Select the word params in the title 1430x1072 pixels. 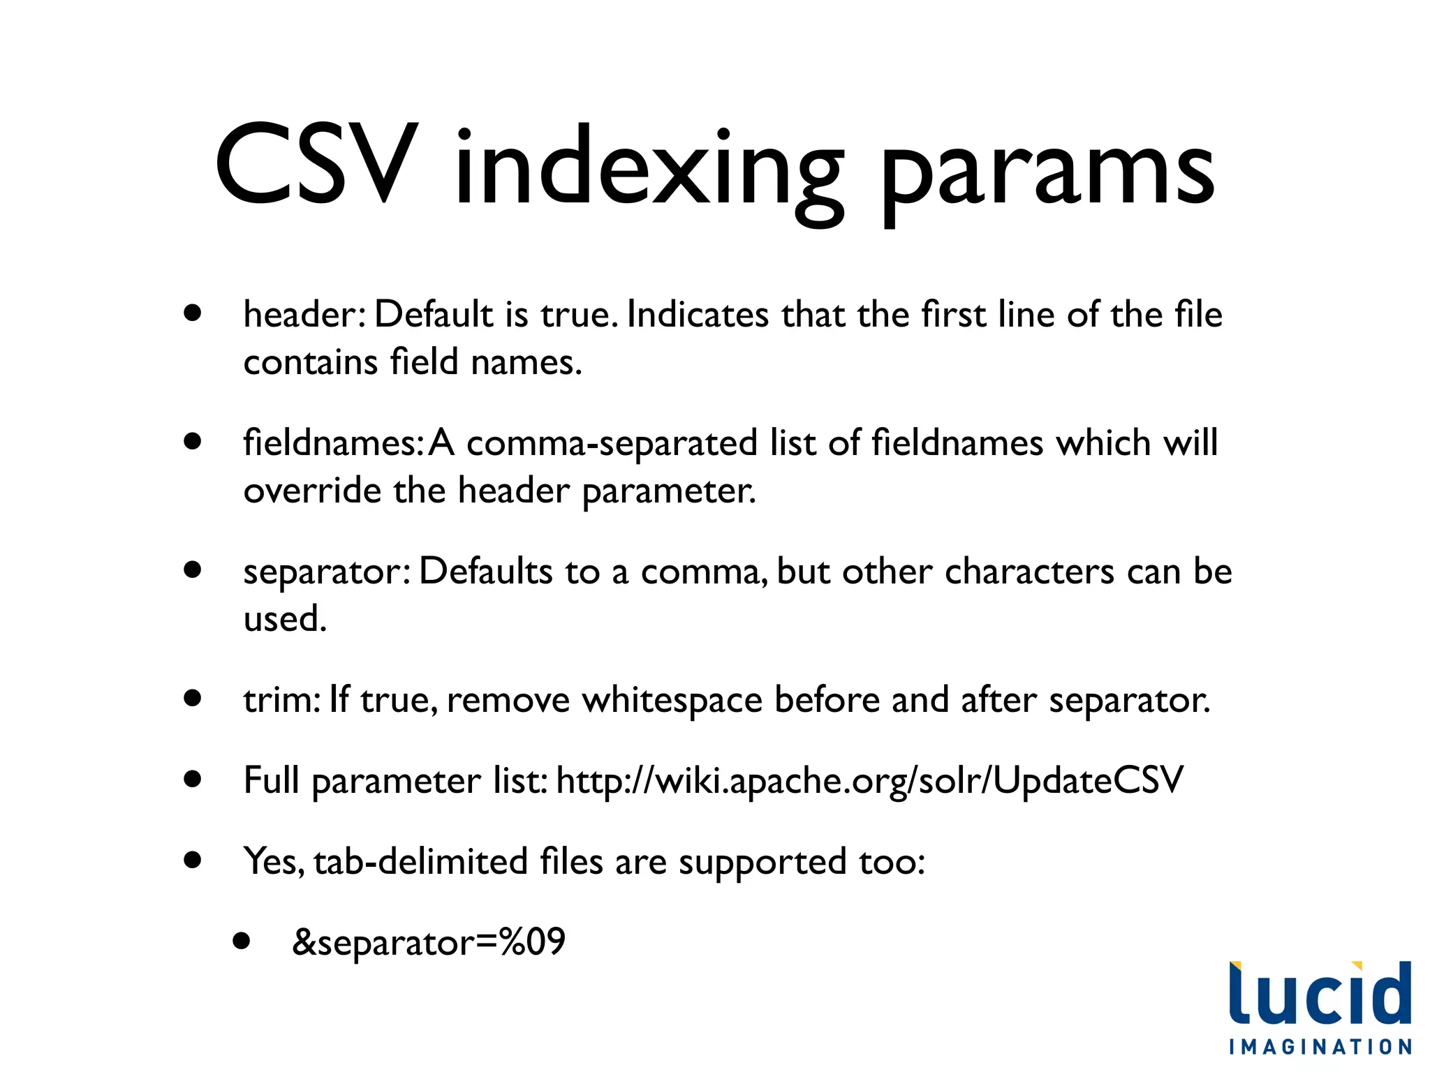pyautogui.click(x=1047, y=171)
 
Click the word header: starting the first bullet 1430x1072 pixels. pyautogui.click(x=304, y=315)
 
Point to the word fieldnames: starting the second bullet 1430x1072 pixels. pyautogui.click(x=333, y=443)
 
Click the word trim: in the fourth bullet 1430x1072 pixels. pyautogui.click(x=281, y=700)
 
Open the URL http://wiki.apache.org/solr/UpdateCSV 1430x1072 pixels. pyautogui.click(x=869, y=781)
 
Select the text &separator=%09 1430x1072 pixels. pyautogui.click(x=428, y=942)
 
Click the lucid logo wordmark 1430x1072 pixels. pyautogui.click(x=1320, y=994)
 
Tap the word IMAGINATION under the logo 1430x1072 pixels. pyautogui.click(x=1320, y=1047)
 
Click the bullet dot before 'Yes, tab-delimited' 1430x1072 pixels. pyautogui.click(x=193, y=860)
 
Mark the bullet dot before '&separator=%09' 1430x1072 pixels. pyautogui.click(x=242, y=941)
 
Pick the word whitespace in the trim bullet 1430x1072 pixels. pyautogui.click(x=672, y=700)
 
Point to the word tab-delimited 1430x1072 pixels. pyautogui.click(x=420, y=861)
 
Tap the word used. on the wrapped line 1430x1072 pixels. pyautogui.click(x=285, y=619)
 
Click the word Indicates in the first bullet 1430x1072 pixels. pyautogui.click(x=698, y=315)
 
